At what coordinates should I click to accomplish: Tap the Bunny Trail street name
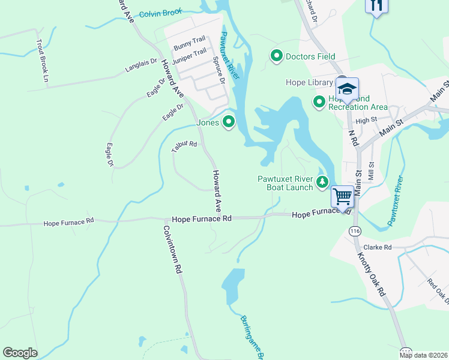pyautogui.click(x=189, y=43)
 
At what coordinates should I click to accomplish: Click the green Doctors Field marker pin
pyautogui.click(x=277, y=56)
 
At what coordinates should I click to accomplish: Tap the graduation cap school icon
pyautogui.click(x=346, y=89)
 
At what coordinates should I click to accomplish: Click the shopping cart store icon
pyautogui.click(x=342, y=196)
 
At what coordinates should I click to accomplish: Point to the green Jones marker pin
pyautogui.click(x=228, y=122)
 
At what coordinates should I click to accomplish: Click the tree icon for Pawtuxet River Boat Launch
pyautogui.click(x=323, y=182)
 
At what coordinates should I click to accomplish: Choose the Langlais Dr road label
pyautogui.click(x=140, y=65)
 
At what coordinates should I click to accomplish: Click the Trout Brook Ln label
pyautogui.click(x=41, y=60)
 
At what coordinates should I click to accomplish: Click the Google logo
pyautogui.click(x=20, y=353)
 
